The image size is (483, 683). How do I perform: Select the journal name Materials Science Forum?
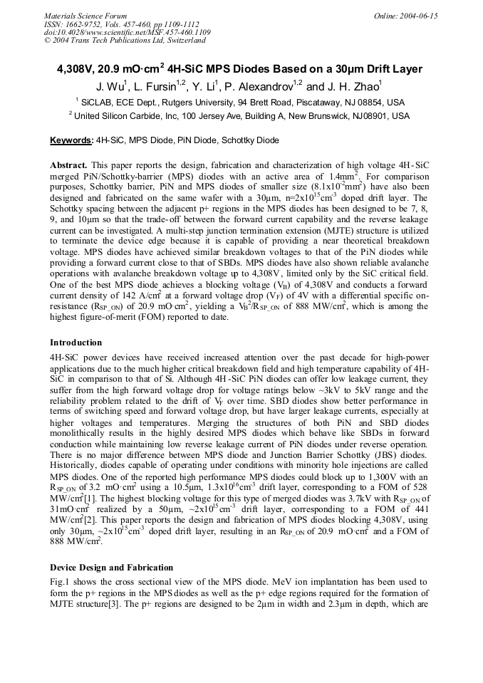pos(85,16)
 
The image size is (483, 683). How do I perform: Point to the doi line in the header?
pos(127,32)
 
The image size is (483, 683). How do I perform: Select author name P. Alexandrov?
pos(261,87)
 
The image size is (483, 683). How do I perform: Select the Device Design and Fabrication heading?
pos(111,568)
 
